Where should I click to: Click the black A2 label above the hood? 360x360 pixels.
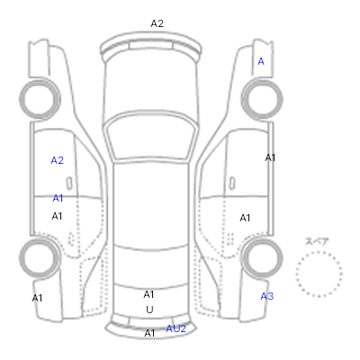tap(157, 23)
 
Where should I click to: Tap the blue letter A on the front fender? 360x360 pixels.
tap(261, 61)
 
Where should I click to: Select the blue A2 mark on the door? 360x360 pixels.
tap(57, 160)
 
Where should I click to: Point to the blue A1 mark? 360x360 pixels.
tap(58, 198)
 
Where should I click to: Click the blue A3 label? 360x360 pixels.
tap(266, 296)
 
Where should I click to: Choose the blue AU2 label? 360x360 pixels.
tap(176, 328)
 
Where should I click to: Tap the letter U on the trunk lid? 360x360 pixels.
tap(149, 310)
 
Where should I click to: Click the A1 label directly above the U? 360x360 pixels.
tap(148, 294)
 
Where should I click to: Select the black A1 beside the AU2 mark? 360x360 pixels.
tap(149, 333)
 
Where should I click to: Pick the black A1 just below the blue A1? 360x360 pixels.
tap(57, 216)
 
